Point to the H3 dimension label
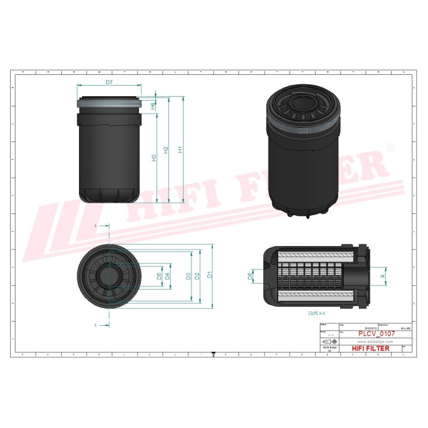(153, 158)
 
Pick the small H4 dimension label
(153, 106)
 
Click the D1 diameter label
(209, 275)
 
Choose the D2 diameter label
(198, 275)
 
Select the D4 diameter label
(168, 276)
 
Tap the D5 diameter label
(159, 276)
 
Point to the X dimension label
(382, 276)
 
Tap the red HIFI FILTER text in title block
(371, 348)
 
